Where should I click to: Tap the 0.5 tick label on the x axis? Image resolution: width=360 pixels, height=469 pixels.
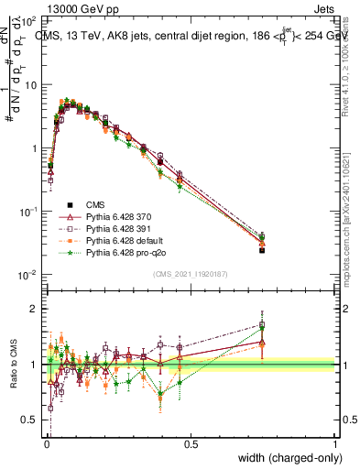pyautogui.click(x=191, y=443)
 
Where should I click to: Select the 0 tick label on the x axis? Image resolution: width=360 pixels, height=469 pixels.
pyautogui.click(x=46, y=443)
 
